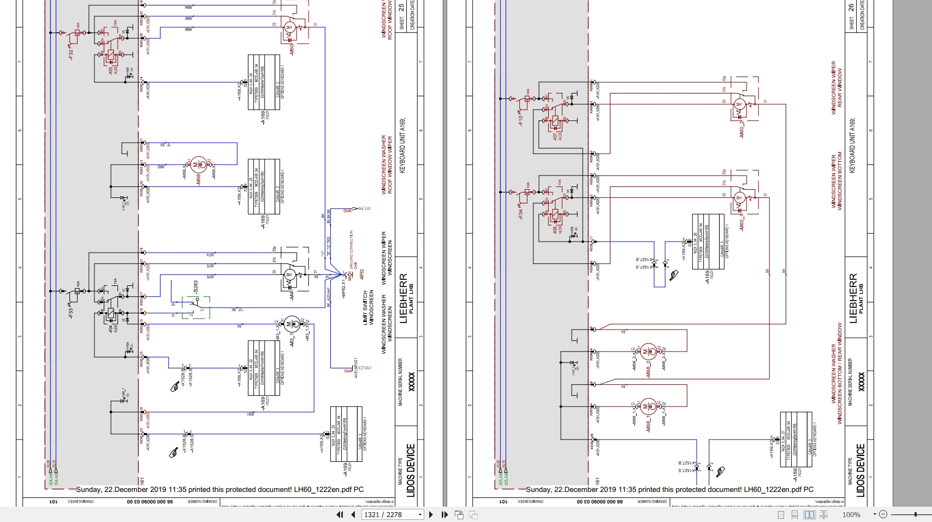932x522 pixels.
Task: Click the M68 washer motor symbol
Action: coord(198,164)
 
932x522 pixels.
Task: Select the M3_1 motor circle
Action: coord(292,324)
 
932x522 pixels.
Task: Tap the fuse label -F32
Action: coord(70,54)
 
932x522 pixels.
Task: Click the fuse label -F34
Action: coord(520,214)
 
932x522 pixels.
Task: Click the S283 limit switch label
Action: coord(195,288)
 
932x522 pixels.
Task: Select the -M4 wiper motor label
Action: coord(292,295)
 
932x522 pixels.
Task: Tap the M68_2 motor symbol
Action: coord(648,350)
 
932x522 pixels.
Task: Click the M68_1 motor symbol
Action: coord(648,406)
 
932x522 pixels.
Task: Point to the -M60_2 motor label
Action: coord(741,130)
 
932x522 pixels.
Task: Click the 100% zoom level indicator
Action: coord(851,514)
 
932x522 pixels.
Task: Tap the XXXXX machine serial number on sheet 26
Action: coord(862,381)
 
